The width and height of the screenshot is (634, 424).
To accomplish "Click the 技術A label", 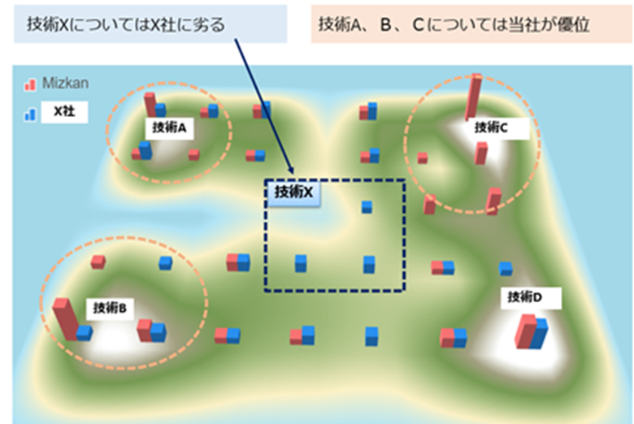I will click(170, 128).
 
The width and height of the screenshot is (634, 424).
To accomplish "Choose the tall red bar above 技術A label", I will click(150, 104).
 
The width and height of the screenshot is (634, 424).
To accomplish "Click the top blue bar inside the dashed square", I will click(367, 207).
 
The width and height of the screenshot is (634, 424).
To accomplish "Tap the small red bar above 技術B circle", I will click(98, 261).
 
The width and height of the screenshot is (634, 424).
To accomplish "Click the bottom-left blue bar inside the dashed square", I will click(301, 263).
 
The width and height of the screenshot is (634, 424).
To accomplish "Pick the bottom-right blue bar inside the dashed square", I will click(368, 264).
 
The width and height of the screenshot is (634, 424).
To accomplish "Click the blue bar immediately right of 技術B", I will click(158, 331).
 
